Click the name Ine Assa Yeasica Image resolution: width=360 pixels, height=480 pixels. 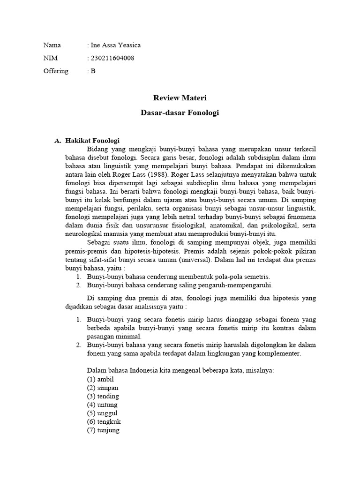coord(115,45)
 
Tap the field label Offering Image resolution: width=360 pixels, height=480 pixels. coord(56,71)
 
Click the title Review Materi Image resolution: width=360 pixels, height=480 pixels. coord(180,98)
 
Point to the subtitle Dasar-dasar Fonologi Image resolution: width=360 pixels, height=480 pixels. coord(180,113)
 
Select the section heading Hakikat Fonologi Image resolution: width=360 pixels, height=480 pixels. coord(92,140)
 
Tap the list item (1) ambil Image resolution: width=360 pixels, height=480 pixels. coord(100,379)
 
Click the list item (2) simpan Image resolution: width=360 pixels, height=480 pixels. coord(103,387)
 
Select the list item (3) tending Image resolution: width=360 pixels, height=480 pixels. coord(103,396)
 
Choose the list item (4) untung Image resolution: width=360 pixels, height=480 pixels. coord(103,404)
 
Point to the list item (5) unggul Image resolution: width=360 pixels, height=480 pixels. coord(103,412)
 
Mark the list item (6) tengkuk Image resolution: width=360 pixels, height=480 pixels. coord(104,421)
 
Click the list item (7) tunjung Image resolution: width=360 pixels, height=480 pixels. coord(104,429)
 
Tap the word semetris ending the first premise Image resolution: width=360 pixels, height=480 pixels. coord(256,277)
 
